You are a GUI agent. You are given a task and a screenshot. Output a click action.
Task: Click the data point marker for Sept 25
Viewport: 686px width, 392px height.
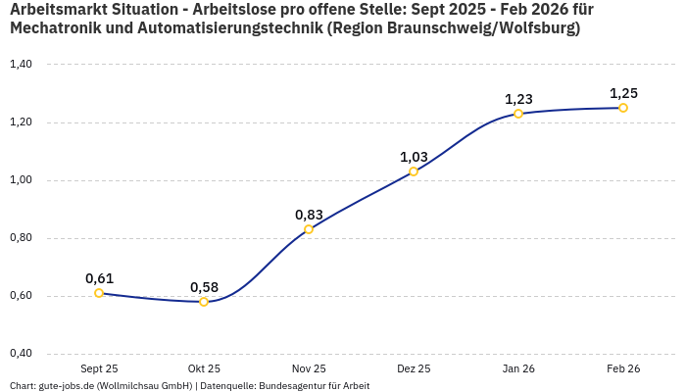click(99, 293)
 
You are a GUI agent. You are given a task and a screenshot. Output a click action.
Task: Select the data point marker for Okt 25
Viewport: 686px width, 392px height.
click(204, 302)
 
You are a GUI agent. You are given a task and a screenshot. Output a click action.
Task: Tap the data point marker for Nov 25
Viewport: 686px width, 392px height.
click(309, 229)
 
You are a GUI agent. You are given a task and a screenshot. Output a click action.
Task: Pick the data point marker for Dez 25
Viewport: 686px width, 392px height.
click(414, 171)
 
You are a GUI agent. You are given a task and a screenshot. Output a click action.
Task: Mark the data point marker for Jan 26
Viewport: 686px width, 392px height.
click(518, 114)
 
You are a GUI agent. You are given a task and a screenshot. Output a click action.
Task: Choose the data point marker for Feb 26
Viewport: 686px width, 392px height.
click(623, 108)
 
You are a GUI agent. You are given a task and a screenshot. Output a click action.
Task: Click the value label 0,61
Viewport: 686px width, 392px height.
click(99, 278)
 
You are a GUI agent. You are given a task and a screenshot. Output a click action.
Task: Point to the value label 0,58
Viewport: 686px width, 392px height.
click(204, 287)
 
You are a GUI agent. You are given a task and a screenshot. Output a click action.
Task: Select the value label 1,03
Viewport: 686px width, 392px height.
click(414, 157)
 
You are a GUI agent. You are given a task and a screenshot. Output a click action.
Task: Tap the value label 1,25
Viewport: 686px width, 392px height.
click(623, 93)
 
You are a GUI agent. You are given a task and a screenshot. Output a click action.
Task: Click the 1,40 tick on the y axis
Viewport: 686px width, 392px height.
click(21, 65)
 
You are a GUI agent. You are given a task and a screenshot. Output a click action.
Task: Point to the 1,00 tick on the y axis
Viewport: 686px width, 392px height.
click(21, 180)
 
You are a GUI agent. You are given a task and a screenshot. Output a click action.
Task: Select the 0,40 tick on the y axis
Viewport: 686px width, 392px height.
click(21, 354)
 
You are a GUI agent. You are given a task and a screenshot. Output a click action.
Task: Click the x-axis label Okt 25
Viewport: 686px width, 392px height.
click(204, 368)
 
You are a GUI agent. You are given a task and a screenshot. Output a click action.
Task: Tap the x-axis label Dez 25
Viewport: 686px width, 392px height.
click(414, 368)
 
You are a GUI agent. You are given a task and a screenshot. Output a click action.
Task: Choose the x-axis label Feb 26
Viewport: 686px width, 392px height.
click(623, 368)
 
